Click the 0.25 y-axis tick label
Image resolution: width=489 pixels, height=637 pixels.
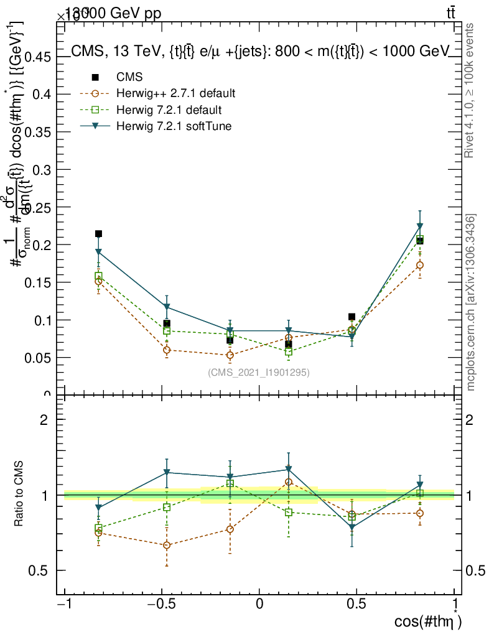(x=40, y=170)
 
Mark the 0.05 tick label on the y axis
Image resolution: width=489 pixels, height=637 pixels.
(x=40, y=358)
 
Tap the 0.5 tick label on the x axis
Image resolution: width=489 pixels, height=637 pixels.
(x=356, y=605)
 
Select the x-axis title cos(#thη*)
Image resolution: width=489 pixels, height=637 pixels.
(x=429, y=621)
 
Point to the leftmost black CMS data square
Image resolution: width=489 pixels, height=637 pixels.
(x=98, y=234)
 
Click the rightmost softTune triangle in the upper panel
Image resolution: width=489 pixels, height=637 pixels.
(x=420, y=226)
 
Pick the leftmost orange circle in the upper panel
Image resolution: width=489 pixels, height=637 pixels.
(x=98, y=281)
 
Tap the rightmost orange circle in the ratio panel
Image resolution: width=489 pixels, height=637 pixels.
(x=420, y=513)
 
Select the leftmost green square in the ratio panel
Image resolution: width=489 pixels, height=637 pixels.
(x=98, y=528)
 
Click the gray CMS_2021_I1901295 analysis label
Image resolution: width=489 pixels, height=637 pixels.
(x=258, y=372)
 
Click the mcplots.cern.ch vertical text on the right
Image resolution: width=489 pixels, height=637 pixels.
(x=472, y=302)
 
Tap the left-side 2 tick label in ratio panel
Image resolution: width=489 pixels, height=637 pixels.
(x=44, y=419)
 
